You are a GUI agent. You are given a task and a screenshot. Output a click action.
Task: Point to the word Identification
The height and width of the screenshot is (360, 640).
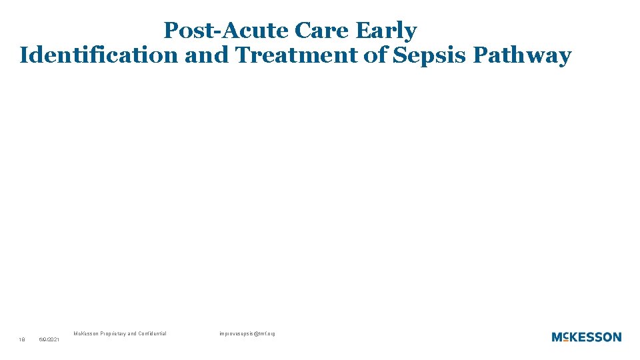point(99,55)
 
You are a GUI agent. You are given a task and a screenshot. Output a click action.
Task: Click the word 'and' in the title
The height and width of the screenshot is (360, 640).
point(207,55)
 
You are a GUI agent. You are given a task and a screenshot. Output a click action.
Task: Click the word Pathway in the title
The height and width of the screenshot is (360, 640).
point(522,55)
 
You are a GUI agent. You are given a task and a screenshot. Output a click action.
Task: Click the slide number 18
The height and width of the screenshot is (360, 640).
point(22,340)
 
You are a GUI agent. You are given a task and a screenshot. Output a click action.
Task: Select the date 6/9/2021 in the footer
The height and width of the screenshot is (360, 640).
point(49,340)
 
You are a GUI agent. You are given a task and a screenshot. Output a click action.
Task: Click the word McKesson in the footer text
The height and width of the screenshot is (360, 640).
point(86,333)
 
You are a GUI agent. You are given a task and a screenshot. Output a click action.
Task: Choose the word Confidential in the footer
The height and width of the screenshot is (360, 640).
point(155,333)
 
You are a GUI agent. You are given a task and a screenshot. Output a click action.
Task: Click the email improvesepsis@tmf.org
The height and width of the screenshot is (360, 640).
point(247,333)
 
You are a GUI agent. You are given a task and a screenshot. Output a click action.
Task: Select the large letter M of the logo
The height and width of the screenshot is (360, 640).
point(558,337)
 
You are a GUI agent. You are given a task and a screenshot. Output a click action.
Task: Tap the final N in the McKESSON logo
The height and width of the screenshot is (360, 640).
point(616,337)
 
